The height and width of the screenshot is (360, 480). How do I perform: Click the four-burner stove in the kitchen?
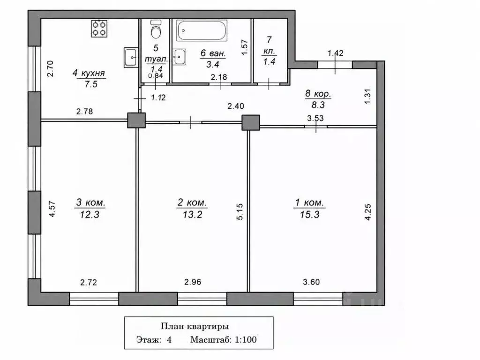99,29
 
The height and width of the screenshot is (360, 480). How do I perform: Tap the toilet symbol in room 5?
157,29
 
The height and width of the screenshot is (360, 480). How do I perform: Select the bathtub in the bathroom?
202,30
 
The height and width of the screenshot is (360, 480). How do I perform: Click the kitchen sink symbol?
131,57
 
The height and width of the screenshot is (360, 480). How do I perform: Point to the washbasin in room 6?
179,57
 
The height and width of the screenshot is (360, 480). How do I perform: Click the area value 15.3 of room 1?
309,214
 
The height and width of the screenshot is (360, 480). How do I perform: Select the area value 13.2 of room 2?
193,214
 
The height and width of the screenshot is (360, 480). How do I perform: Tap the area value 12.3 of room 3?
90,214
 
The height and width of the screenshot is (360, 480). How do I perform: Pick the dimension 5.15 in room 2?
240,211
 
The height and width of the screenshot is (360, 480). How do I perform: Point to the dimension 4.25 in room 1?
368,212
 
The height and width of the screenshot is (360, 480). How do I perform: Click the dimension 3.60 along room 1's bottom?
311,282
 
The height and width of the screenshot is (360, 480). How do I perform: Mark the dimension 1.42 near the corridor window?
336,53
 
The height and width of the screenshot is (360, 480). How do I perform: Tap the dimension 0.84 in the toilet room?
156,76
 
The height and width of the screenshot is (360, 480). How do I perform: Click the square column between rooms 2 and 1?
251,122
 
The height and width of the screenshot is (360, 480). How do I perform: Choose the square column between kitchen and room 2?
136,120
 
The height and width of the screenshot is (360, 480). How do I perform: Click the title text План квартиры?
195,326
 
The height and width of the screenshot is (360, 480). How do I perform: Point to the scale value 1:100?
246,339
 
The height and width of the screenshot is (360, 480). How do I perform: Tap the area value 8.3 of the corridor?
318,105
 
